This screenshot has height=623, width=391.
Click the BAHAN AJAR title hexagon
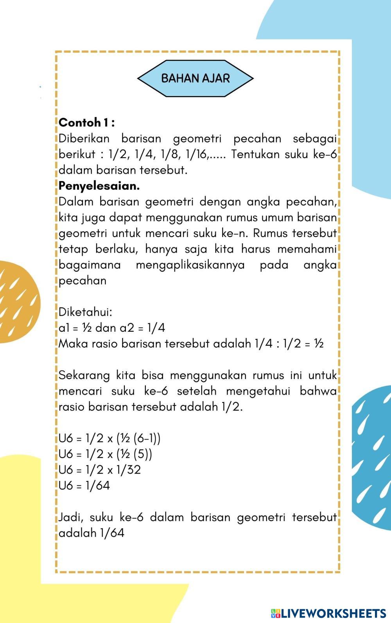pyautogui.click(x=195, y=78)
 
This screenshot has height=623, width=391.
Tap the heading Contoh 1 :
pyautogui.click(x=86, y=123)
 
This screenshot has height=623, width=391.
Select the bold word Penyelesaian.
pyautogui.click(x=99, y=186)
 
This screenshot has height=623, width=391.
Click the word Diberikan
pyautogui.click(x=84, y=139)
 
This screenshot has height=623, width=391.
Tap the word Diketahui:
pyautogui.click(x=85, y=312)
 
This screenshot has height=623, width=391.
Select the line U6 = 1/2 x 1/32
pyautogui.click(x=99, y=470)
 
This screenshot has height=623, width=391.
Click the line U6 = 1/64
pyautogui.click(x=84, y=486)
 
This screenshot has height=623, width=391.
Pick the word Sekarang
pyautogui.click(x=84, y=375)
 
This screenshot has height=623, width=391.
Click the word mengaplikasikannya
pyautogui.click(x=190, y=265)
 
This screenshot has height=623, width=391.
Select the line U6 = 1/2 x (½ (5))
pyautogui.click(x=105, y=454)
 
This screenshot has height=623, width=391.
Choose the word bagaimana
pyautogui.click(x=90, y=265)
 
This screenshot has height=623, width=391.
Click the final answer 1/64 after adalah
pyautogui.click(x=112, y=533)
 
